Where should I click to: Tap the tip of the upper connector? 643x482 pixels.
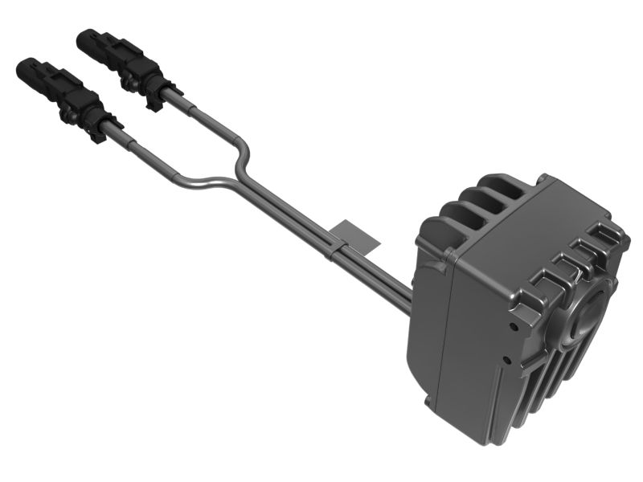[83, 35]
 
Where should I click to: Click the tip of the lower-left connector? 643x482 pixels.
[22, 65]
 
